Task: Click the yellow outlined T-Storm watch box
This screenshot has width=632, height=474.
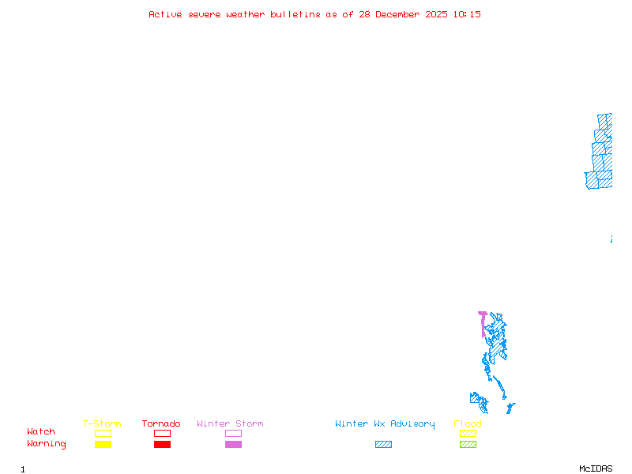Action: coord(103,433)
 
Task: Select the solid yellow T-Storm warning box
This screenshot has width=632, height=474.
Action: coord(103,444)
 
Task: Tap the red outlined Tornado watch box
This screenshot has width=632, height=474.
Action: coord(162,433)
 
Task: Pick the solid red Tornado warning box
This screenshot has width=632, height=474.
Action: coord(162,444)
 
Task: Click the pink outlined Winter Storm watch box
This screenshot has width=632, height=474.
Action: coord(233,433)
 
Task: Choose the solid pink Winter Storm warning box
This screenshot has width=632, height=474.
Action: coord(233,444)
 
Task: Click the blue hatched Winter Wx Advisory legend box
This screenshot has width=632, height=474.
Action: coord(383,444)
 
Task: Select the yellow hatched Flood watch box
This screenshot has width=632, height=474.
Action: coord(468,433)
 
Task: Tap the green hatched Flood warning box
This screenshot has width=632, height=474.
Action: coord(468,444)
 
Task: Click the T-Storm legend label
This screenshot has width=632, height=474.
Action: coord(102,423)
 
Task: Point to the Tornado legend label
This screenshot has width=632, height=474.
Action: coord(161,423)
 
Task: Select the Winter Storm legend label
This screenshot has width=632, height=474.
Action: coord(230,423)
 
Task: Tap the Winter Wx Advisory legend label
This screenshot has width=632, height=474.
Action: coord(385,423)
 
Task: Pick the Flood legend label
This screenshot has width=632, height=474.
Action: coord(468,423)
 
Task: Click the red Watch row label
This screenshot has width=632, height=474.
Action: coord(41,432)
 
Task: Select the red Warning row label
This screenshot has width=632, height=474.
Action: coord(47,444)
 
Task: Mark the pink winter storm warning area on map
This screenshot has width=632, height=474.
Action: coord(482,322)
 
